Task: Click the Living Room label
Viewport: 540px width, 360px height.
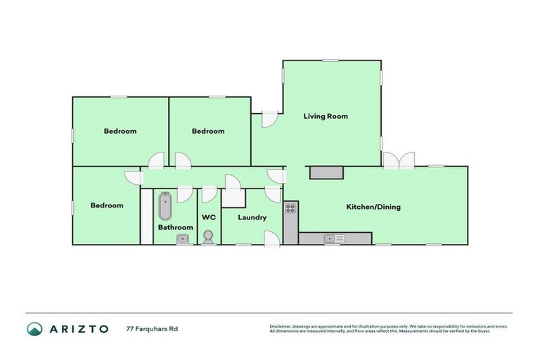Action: [326, 116]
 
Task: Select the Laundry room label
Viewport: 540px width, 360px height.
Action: [252, 217]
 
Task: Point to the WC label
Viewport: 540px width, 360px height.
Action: [208, 217]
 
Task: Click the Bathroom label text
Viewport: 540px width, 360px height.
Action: [175, 227]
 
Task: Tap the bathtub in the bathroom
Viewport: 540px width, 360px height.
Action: [165, 206]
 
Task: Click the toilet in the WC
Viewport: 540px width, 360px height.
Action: [208, 238]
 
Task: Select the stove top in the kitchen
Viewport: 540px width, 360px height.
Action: [290, 208]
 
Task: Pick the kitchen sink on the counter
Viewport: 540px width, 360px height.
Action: [333, 238]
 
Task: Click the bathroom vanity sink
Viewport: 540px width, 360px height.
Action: [182, 239]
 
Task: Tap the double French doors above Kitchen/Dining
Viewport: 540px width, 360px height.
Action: [399, 160]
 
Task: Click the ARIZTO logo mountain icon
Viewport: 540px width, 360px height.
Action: [34, 328]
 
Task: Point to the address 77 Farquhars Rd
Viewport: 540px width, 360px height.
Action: [152, 328]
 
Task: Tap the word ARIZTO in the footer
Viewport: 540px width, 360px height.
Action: [78, 328]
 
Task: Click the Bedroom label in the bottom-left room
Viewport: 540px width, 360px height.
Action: [107, 205]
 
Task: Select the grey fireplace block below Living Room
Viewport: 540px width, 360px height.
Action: [326, 172]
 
